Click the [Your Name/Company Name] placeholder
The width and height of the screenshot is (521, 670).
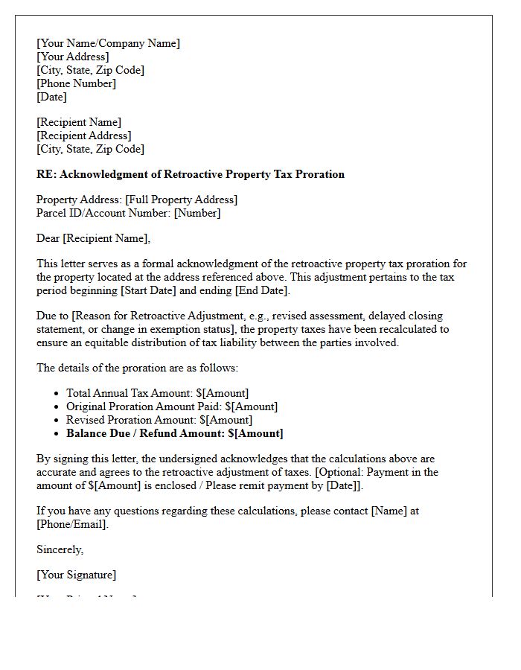click(x=108, y=43)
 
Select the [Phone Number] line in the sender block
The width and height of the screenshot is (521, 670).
click(x=76, y=83)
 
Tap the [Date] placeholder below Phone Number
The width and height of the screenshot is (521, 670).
click(x=51, y=97)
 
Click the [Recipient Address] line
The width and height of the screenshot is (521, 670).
click(x=83, y=135)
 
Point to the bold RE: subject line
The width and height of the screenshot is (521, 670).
click(x=191, y=174)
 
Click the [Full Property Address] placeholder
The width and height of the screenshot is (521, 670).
click(x=181, y=200)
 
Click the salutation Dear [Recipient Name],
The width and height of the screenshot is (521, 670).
click(x=93, y=238)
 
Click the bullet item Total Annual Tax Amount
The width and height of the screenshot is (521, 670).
click(x=157, y=393)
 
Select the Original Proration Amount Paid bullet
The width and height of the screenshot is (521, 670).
click(x=171, y=406)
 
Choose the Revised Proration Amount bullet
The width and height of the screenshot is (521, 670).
click(x=159, y=420)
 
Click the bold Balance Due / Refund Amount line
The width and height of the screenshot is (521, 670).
click(x=174, y=433)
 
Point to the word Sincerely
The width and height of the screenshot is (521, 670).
click(x=60, y=549)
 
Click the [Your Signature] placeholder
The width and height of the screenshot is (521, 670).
click(x=76, y=575)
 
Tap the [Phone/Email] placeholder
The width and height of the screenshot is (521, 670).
click(x=72, y=524)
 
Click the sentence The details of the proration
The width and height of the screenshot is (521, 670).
click(x=137, y=368)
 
